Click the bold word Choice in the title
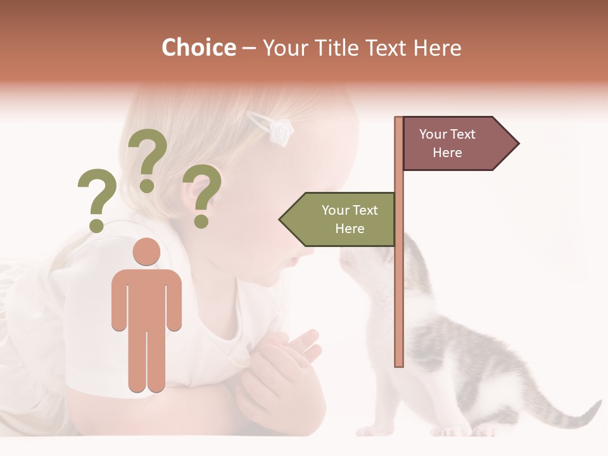[198, 47]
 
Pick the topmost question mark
[148, 158]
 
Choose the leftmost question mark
[96, 199]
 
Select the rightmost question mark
[202, 195]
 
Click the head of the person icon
[146, 251]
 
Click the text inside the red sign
[447, 143]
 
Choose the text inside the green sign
[349, 219]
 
